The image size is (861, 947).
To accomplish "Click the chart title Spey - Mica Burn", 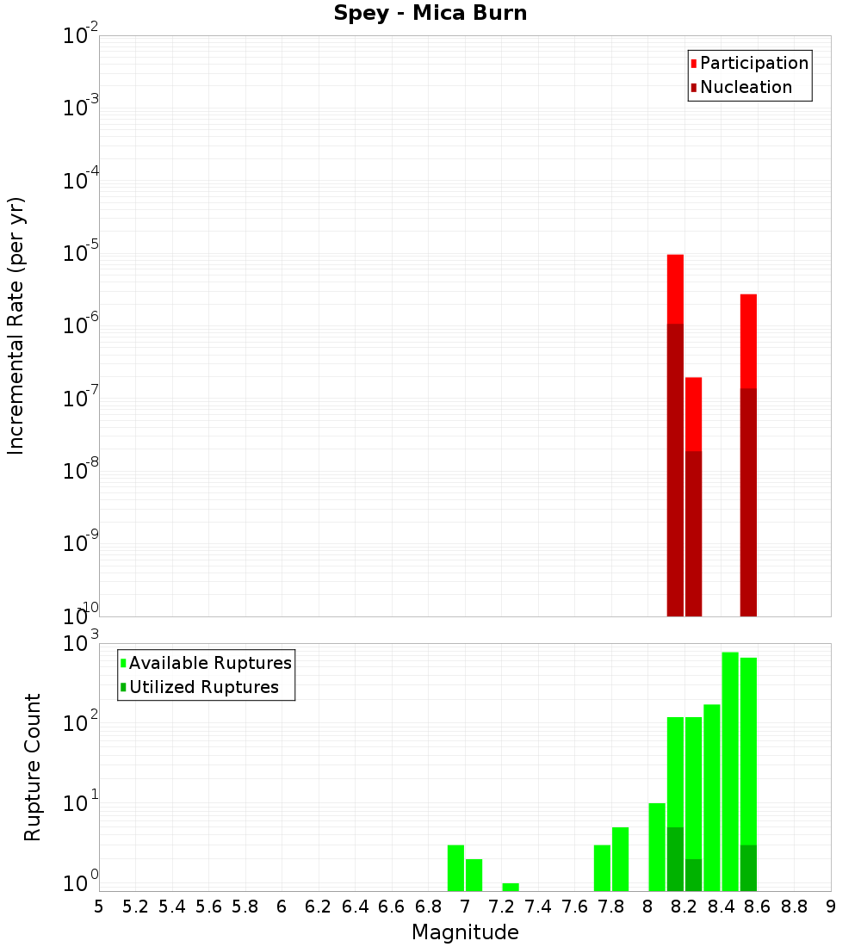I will coord(430,14).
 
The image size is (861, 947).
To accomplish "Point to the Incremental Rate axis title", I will coord(16,326).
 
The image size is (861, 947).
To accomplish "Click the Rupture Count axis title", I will coord(33,767).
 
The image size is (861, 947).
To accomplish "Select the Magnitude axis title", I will coord(465,932).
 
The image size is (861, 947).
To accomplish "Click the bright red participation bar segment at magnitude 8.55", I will coord(748,341).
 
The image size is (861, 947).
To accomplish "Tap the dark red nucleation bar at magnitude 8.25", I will coord(693,534).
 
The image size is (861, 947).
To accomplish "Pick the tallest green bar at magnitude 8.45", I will coord(730,771).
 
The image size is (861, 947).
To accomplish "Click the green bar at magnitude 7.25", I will coord(511,887).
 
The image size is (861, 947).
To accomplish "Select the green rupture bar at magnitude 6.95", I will coord(455,868).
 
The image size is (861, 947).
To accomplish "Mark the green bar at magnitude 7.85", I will coord(620,858).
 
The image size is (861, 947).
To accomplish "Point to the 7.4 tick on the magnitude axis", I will coord(538,906).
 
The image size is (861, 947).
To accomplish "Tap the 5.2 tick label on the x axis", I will coord(135,906).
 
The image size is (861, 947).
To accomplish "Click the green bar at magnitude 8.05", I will coord(657,846).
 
